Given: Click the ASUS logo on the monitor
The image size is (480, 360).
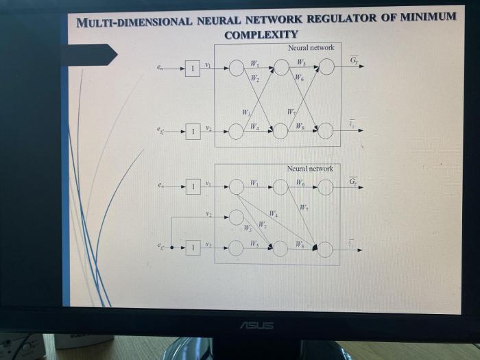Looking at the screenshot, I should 256,324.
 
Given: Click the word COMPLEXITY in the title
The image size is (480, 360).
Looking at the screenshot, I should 261,34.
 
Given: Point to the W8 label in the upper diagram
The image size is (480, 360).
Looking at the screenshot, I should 300,126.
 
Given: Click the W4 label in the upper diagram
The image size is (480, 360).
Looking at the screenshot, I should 255,126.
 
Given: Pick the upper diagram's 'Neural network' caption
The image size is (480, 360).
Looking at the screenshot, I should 311,48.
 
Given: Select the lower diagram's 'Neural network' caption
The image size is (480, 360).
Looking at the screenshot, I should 310,169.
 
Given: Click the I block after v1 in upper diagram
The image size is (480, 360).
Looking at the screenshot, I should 193,68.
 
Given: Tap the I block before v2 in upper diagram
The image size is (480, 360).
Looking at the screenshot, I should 193,131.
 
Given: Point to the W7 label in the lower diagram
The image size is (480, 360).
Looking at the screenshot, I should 303,207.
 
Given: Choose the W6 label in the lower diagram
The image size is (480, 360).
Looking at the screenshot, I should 300,182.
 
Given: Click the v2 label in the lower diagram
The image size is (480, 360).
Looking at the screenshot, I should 208,214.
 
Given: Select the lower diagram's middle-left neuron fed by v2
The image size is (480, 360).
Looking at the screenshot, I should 236,217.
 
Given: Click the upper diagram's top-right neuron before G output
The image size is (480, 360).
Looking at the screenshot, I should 326,67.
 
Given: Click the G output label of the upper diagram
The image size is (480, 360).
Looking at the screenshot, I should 354,61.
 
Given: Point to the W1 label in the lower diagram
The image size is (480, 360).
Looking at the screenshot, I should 254,183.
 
